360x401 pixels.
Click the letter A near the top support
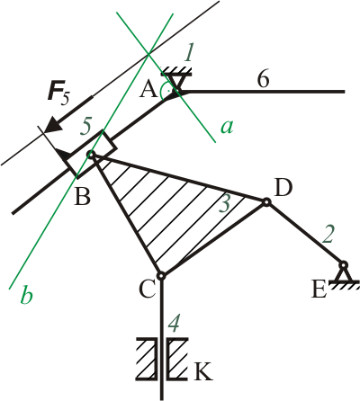[148, 90]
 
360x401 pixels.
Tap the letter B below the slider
[82, 197]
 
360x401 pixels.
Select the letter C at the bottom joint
[147, 290]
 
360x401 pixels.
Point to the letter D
[283, 188]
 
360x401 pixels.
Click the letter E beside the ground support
[319, 290]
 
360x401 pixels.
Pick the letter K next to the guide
[203, 371]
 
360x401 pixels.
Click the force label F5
[58, 94]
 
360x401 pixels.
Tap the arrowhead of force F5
[53, 124]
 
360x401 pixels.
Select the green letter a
[227, 127]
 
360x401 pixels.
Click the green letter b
[26, 295]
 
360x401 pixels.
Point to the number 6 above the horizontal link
[263, 80]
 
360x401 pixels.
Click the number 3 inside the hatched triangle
[224, 204]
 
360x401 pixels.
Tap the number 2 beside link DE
[328, 234]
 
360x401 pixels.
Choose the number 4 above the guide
[174, 325]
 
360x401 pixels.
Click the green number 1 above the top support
[188, 53]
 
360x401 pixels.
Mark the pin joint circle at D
[265, 203]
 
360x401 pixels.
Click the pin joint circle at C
[161, 275]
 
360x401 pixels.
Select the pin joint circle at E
[344, 265]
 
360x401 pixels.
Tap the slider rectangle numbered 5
[90, 155]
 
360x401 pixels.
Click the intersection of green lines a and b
[148, 54]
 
